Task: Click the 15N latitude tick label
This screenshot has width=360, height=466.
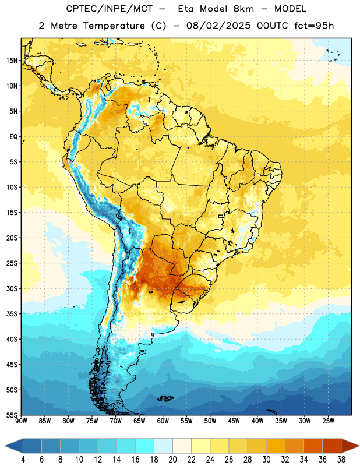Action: tap(12, 61)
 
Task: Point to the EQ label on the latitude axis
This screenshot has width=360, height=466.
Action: tap(13, 137)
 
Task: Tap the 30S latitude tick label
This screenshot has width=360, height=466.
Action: tap(12, 288)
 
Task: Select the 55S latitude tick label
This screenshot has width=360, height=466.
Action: tap(12, 415)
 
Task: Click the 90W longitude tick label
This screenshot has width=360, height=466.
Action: tap(21, 421)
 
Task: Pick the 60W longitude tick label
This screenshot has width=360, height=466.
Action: tap(163, 421)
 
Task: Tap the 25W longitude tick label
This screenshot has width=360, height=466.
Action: tap(328, 421)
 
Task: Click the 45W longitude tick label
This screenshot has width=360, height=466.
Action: tap(234, 421)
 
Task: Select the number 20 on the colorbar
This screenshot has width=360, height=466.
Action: tap(172, 460)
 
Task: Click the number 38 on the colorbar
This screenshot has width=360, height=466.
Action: tap(341, 460)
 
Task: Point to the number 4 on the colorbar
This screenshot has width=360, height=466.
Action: tap(23, 460)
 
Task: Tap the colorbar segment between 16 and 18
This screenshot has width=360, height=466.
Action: tap(144, 446)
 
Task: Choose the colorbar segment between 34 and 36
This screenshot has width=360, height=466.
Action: tap(313, 446)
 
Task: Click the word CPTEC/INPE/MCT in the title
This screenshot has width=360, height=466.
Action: tap(109, 9)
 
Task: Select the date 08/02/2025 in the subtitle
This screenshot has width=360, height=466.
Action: tap(218, 26)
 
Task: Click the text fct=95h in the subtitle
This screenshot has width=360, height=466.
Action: tap(314, 26)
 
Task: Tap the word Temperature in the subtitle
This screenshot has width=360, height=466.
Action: tap(114, 26)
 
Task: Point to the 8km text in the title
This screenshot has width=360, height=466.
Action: tap(243, 9)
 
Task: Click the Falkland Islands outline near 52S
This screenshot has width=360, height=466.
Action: tap(165, 398)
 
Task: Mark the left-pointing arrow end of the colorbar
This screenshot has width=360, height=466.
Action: tap(13, 446)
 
